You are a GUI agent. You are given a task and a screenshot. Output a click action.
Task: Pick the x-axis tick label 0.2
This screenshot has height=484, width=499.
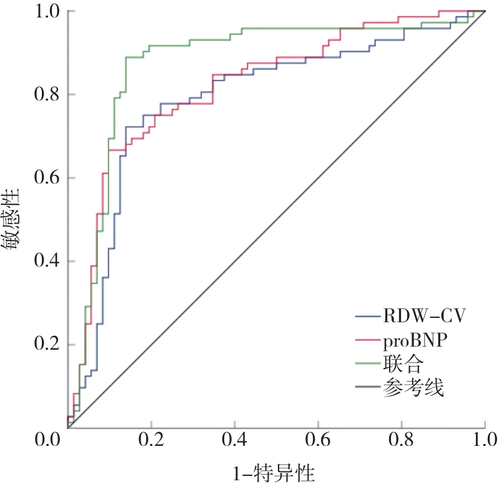[151, 442]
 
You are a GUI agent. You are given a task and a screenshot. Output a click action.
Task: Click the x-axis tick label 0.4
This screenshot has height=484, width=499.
[234, 442]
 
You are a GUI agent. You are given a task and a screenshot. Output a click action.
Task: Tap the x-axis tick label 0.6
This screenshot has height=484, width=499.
[318, 442]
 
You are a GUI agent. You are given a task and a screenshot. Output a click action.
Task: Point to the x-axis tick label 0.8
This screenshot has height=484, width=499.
[402, 442]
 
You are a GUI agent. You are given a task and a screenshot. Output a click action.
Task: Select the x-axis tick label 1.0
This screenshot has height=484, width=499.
[485, 442]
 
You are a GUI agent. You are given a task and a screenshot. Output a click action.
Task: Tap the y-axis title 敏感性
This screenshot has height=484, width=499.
[13, 220]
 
